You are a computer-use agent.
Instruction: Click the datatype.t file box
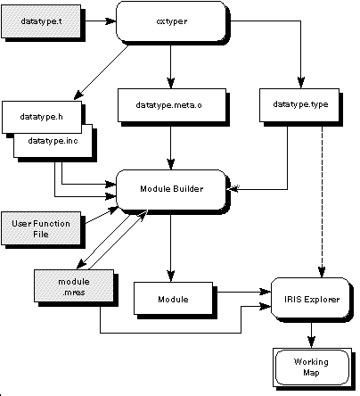click(x=41, y=21)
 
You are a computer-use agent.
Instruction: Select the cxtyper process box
click(x=171, y=21)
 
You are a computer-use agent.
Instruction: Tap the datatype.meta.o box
click(x=172, y=105)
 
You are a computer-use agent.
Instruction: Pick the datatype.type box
click(x=299, y=104)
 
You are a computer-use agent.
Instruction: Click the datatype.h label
click(x=41, y=117)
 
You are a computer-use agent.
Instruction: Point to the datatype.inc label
click(x=53, y=140)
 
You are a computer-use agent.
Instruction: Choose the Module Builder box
click(x=171, y=189)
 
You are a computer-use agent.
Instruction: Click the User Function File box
click(x=41, y=228)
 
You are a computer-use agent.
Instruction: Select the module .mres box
click(x=74, y=286)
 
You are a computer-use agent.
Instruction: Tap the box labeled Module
click(x=174, y=299)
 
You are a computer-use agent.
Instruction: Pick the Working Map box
click(x=312, y=367)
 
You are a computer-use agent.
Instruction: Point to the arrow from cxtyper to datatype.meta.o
click(x=170, y=65)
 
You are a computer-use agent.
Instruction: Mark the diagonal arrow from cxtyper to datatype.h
click(x=101, y=72)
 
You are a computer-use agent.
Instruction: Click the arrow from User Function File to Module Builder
click(x=102, y=215)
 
